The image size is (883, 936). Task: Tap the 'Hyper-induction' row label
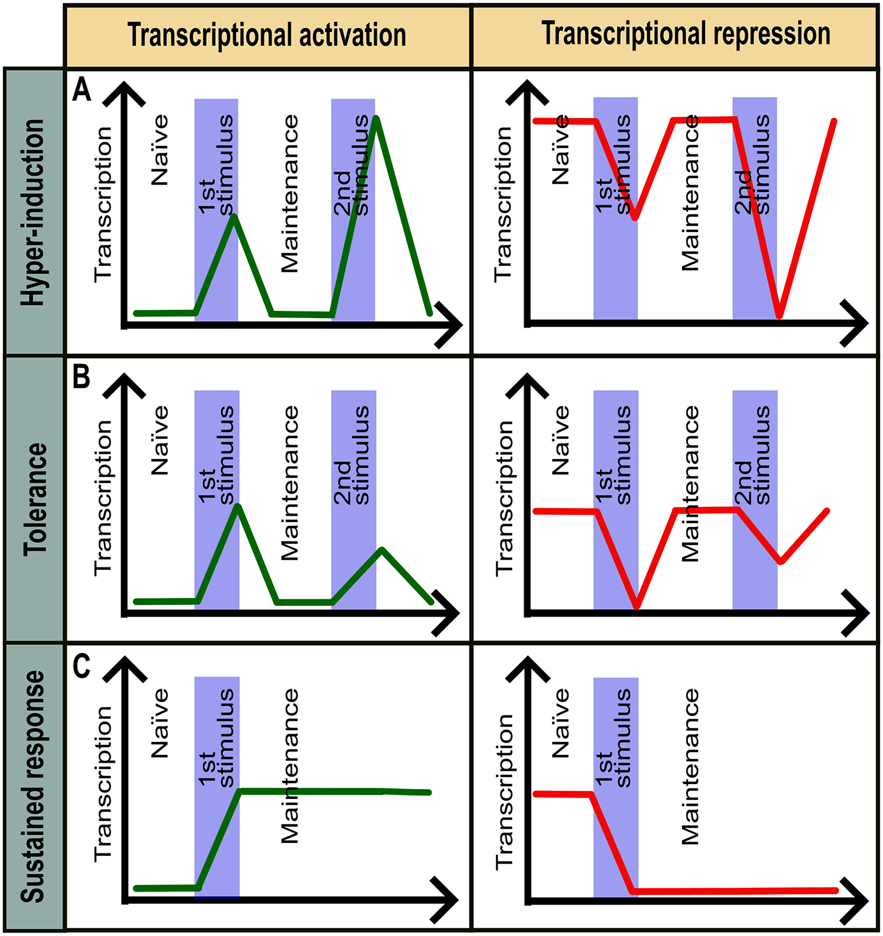point(33,212)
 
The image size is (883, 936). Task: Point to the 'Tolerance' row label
point(35,499)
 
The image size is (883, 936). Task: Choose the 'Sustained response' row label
point(33,787)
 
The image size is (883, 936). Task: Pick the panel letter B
point(81,377)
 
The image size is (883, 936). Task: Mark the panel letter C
point(81,666)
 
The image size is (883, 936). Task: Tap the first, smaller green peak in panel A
point(234,216)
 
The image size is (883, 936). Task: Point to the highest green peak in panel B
point(237,506)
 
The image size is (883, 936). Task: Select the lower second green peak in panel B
point(382,550)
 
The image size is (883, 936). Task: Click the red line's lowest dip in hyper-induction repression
point(780,315)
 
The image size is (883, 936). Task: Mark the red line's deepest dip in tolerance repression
point(637,606)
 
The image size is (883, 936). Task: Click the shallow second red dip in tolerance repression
point(781,561)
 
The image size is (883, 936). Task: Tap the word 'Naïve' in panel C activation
point(160,723)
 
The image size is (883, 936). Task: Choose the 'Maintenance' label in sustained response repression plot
point(690,766)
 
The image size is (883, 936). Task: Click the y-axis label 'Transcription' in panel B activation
point(103,497)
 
